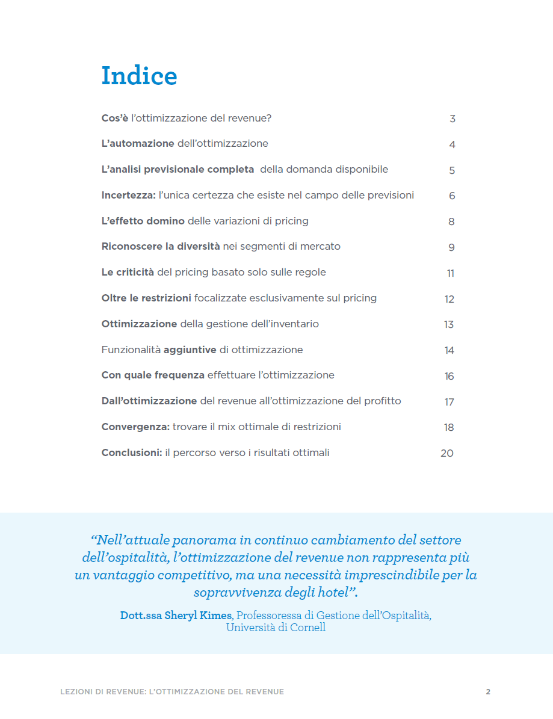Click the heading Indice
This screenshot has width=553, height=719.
[x=139, y=76]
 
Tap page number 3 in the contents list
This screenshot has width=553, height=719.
[x=453, y=119]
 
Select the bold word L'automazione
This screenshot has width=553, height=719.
[x=138, y=144]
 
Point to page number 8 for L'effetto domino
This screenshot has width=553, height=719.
[x=451, y=222]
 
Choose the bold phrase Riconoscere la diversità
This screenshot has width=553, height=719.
[x=161, y=247]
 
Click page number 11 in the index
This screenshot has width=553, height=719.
[x=451, y=274]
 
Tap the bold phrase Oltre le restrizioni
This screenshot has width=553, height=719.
[x=146, y=298]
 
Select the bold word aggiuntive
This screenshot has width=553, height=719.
[x=190, y=350]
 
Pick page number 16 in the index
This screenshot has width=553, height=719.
[x=450, y=377]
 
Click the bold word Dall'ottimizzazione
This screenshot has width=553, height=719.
[x=149, y=401]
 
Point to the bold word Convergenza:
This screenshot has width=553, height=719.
[x=135, y=427]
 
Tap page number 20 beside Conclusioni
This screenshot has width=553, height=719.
[x=447, y=454]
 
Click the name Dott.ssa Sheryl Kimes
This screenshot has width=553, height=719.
[x=176, y=616]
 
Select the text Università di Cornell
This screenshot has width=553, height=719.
[x=276, y=628]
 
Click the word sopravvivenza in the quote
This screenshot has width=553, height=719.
[x=234, y=593]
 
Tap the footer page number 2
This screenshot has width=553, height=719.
[x=488, y=692]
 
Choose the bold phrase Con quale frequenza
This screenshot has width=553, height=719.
[x=153, y=375]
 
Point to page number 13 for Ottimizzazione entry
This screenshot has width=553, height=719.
[x=449, y=325]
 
